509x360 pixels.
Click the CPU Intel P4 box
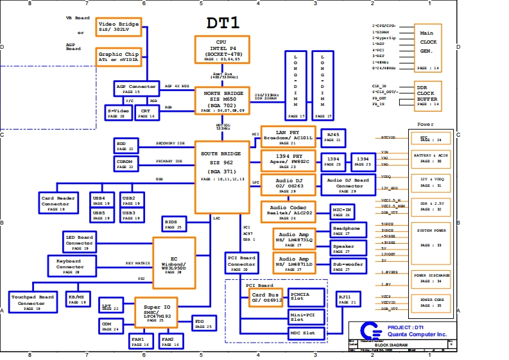[222, 49]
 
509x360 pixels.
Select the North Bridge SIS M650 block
[222, 101]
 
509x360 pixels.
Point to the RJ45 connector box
[334, 137]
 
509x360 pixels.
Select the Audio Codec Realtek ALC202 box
[289, 211]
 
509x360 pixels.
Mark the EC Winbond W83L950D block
[173, 254]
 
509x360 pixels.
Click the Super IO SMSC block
[156, 311]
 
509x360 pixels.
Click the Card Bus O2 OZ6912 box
[264, 296]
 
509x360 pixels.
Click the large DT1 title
[223, 23]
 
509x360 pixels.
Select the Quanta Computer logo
[368, 332]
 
